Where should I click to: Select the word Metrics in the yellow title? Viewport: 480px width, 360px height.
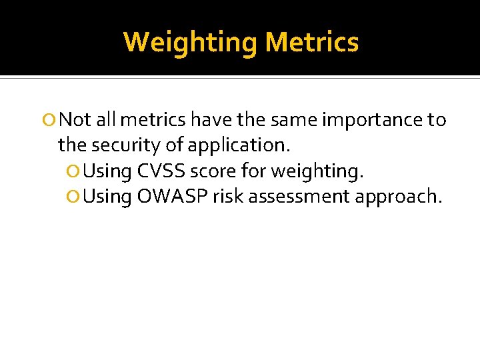pyautogui.click(x=311, y=42)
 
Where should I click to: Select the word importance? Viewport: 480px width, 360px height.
pyautogui.click(x=371, y=119)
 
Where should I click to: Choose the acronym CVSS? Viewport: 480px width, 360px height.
pyautogui.click(x=163, y=171)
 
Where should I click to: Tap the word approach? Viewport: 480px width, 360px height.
pyautogui.click(x=400, y=197)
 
